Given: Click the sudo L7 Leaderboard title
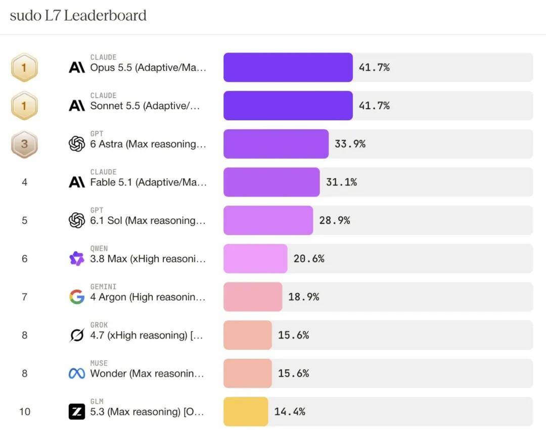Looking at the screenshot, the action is coord(78,16).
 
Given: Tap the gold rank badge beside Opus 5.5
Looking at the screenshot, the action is coord(24,68).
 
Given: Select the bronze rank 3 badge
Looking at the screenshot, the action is coord(24,144).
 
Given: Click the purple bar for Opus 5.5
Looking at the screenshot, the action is coord(288,68).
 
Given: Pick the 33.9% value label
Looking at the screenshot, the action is coord(350,144).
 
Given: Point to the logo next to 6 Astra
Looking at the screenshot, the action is coord(77,144).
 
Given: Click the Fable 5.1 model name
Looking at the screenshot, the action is coord(148,182).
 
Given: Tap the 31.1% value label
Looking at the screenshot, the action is coord(341,182).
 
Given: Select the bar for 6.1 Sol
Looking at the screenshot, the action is coord(268,221).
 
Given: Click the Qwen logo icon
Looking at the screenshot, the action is coord(77,259).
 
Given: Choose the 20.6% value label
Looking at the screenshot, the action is coord(309,259).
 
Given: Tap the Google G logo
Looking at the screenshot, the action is coord(77,297).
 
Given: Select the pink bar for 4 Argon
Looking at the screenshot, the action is coord(253,297).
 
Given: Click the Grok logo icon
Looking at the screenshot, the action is coord(77,335).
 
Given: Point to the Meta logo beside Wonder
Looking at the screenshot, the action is coord(77,373).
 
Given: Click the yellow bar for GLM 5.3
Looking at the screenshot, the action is coord(246,412).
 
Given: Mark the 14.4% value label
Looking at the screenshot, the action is coord(290,412).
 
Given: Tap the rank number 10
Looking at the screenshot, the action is coord(25,412).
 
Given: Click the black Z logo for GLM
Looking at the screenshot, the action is coord(77,412).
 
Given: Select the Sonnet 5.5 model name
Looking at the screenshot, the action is coord(145,106).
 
